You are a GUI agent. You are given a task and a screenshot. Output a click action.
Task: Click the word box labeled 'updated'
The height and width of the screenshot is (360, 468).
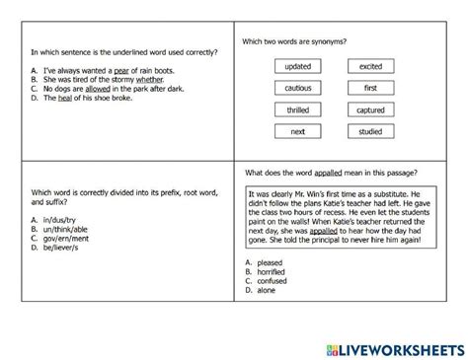pyautogui.click(x=296, y=66)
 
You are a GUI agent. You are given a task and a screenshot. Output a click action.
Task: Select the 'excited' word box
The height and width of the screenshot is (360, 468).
pyautogui.click(x=370, y=66)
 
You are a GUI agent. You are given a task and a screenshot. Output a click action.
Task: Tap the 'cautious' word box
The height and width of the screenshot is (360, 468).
pyautogui.click(x=296, y=89)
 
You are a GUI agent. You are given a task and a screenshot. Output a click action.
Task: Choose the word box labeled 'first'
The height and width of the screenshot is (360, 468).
pyautogui.click(x=370, y=89)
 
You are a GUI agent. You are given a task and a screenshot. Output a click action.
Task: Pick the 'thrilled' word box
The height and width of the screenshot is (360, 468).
pyautogui.click(x=296, y=110)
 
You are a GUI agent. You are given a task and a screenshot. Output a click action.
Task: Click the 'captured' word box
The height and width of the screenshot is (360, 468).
pyautogui.click(x=370, y=110)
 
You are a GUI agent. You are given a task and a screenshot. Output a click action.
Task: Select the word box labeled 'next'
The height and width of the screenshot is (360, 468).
pyautogui.click(x=296, y=132)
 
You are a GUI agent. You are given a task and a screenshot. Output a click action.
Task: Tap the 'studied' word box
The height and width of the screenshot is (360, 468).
pyautogui.click(x=370, y=132)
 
